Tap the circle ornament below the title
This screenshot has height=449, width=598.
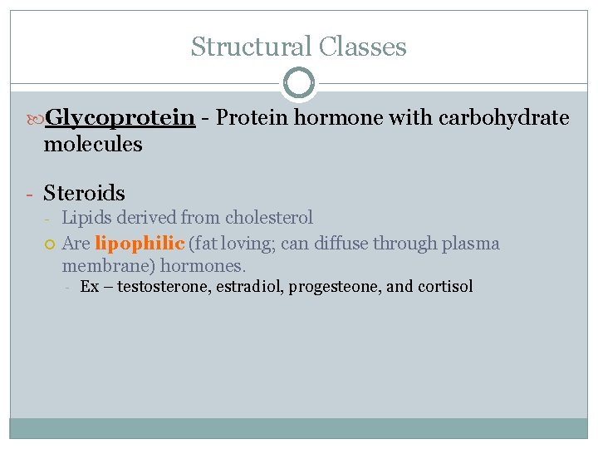tap(299, 82)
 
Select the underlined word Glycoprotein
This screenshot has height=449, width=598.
tap(120, 119)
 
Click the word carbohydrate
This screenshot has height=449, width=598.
tap(512, 118)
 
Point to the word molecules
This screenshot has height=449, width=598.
tap(93, 145)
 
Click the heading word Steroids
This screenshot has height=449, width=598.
tap(85, 193)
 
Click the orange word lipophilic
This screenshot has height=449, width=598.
tap(140, 244)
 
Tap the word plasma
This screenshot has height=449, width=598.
tap(470, 244)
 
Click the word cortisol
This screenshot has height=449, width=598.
tap(445, 287)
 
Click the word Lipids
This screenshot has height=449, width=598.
tap(86, 218)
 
